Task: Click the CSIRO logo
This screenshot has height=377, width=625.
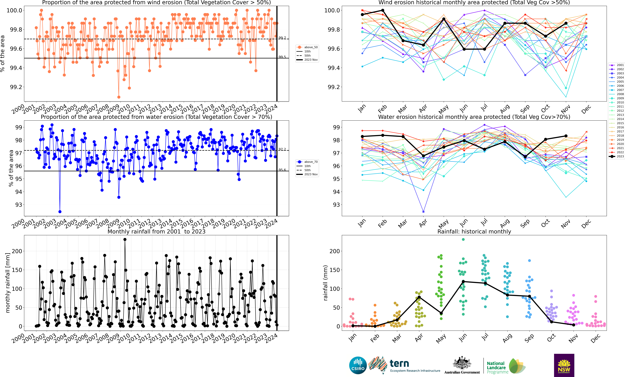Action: (358, 365)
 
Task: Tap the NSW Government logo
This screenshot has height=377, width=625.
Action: (564, 365)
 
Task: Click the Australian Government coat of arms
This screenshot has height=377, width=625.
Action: (462, 363)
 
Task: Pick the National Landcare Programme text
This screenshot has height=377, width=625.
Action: (497, 367)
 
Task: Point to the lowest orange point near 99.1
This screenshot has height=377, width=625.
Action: (119, 97)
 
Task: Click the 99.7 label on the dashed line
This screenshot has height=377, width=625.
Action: (282, 38)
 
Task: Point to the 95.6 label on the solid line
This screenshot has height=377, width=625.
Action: (282, 170)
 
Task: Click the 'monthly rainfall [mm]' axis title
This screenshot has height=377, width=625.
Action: (8, 283)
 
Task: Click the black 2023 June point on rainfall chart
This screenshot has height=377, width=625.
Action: (463, 282)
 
